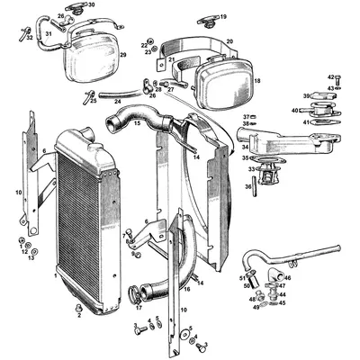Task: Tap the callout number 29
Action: click(x=123, y=55)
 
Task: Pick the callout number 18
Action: click(x=256, y=81)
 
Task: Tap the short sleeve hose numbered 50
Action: click(x=249, y=286)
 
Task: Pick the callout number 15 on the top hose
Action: click(x=136, y=124)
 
